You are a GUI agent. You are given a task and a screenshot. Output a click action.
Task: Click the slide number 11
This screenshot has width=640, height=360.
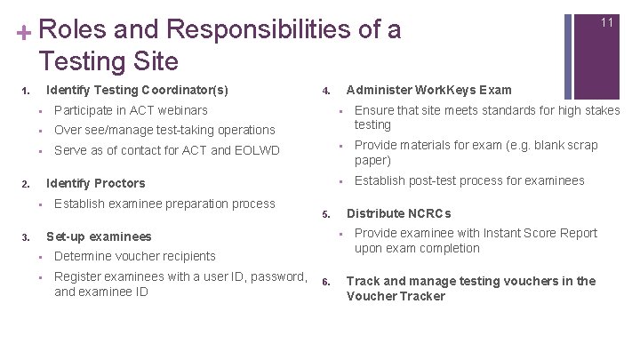pyautogui.click(x=607, y=22)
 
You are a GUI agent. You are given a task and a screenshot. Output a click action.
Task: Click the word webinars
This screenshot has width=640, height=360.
pyautogui.click(x=180, y=110)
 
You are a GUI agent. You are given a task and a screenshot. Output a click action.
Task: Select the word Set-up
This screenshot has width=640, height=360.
pyautogui.click(x=64, y=236)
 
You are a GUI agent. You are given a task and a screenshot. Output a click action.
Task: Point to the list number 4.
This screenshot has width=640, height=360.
pyautogui.click(x=326, y=91)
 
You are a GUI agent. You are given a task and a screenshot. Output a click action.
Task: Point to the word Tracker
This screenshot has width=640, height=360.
pyautogui.click(x=423, y=296)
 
